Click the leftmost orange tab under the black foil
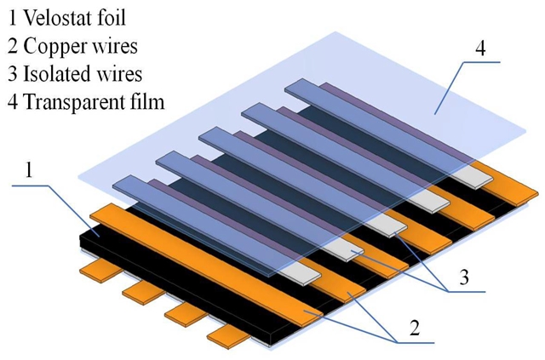coord(93,270)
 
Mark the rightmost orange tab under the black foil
coord(222,328)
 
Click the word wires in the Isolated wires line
coord(124,72)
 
